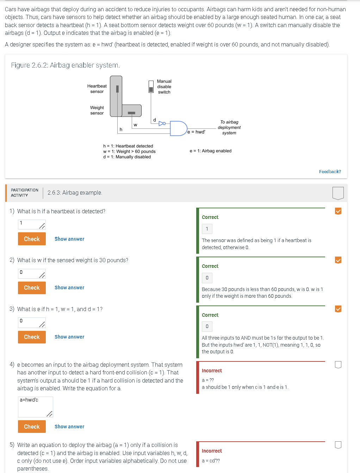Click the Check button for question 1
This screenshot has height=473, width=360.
(32, 239)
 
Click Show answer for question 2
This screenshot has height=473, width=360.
(69, 288)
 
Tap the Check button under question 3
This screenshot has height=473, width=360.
(32, 337)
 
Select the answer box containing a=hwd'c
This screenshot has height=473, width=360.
(35, 407)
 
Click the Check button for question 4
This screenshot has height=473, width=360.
(32, 427)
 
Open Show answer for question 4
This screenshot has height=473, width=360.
(69, 427)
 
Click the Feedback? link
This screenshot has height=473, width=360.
(330, 172)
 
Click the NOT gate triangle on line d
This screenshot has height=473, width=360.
(162, 124)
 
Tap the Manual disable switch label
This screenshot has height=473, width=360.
(164, 87)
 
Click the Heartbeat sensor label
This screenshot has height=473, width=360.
(97, 89)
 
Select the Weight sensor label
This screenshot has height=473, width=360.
(97, 110)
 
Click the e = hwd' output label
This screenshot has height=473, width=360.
(196, 132)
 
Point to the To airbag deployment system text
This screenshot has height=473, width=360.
(229, 127)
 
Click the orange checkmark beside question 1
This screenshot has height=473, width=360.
(338, 211)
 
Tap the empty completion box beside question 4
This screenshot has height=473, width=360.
(338, 365)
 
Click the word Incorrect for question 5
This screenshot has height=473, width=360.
(212, 451)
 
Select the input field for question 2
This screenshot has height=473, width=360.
(32, 273)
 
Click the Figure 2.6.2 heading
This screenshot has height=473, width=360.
(65, 65)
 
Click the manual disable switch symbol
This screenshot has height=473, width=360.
(151, 87)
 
